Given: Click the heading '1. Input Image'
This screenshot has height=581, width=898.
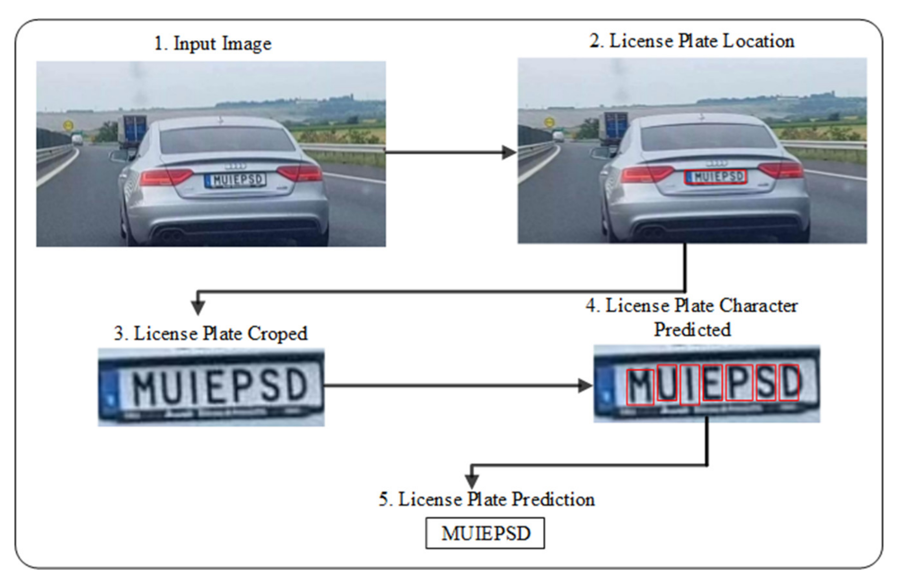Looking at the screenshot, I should (x=213, y=44).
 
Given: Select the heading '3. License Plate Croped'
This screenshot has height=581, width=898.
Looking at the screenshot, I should (x=211, y=334).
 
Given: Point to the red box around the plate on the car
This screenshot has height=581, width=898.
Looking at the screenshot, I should (x=715, y=177).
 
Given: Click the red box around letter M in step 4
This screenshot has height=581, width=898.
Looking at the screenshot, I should (x=640, y=387).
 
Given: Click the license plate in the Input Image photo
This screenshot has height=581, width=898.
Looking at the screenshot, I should (x=236, y=180).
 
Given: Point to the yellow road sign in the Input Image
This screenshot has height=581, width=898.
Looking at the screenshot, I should (x=68, y=125).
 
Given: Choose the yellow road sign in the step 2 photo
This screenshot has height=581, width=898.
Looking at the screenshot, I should (x=550, y=122).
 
